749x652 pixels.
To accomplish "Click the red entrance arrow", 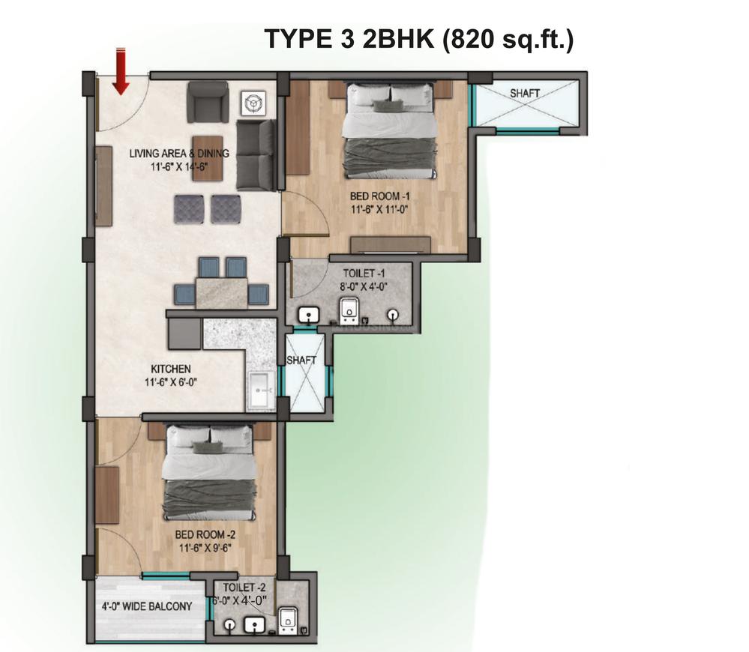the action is click(121, 71).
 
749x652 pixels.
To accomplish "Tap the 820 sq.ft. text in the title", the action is click(508, 40).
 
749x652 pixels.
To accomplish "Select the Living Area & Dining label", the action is click(179, 153).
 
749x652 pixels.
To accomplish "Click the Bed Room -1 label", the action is click(380, 196).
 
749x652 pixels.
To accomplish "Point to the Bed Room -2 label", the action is click(205, 534).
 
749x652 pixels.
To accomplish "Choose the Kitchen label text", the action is click(171, 369).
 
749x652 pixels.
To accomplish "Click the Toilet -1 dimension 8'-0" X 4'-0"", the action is click(364, 287).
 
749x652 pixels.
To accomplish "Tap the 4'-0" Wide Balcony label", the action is click(147, 606).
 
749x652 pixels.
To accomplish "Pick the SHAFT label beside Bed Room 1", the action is click(525, 94).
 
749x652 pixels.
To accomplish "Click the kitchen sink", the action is click(260, 390).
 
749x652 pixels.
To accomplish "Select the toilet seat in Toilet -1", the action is click(349, 310).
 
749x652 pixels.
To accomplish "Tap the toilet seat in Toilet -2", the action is click(288, 620).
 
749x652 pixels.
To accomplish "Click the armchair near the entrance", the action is click(208, 101).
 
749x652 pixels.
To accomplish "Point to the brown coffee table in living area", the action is click(208, 158).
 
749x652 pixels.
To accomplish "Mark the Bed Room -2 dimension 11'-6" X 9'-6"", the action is click(205, 548).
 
